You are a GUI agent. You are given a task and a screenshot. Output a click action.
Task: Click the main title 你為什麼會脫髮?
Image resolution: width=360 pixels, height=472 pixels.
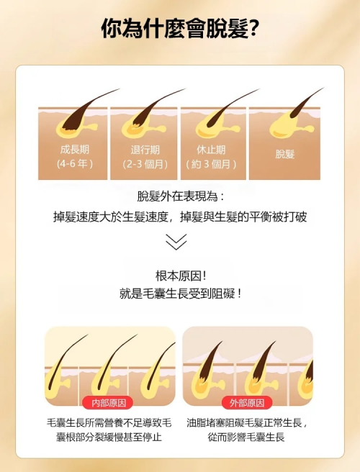pos(180,29)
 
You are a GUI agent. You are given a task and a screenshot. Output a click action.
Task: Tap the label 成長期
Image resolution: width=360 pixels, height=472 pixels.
pos(75,150)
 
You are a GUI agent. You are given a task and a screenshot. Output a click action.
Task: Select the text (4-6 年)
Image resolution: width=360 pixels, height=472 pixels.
pos(74,164)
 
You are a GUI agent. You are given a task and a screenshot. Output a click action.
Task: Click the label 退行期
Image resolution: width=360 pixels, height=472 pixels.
pos(145,150)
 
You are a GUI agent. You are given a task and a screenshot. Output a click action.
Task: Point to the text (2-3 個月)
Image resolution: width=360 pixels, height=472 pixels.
pos(145,164)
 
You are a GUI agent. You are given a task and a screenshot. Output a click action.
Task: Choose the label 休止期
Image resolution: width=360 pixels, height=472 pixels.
pos(211,150)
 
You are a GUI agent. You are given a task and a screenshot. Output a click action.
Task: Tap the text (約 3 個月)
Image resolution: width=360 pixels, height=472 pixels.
pos(211,164)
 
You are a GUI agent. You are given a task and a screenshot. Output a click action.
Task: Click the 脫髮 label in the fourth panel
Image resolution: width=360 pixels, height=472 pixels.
pos(284,154)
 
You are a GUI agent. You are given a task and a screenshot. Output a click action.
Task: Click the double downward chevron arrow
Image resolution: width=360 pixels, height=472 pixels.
pos(176,242)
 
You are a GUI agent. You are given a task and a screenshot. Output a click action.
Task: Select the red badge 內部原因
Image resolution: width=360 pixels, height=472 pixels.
pos(107,403)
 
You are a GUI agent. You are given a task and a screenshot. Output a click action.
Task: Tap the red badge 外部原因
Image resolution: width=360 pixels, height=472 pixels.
pos(247,403)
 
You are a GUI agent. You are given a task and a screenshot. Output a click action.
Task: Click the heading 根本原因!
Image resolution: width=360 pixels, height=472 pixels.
pos(181,276)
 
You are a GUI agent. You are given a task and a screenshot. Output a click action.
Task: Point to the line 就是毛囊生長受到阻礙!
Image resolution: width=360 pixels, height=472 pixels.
pos(180,294)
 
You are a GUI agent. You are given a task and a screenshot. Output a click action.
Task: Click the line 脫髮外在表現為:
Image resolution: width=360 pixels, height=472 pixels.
pos(181,196)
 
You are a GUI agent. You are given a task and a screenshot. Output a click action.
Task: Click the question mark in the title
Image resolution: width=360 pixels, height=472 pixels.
pos(253,29)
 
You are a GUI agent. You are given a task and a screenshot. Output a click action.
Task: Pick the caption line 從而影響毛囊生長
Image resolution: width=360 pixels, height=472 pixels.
pos(246,437)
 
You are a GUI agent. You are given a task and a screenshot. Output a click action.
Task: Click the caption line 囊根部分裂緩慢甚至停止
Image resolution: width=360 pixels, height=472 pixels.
pos(109,437)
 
